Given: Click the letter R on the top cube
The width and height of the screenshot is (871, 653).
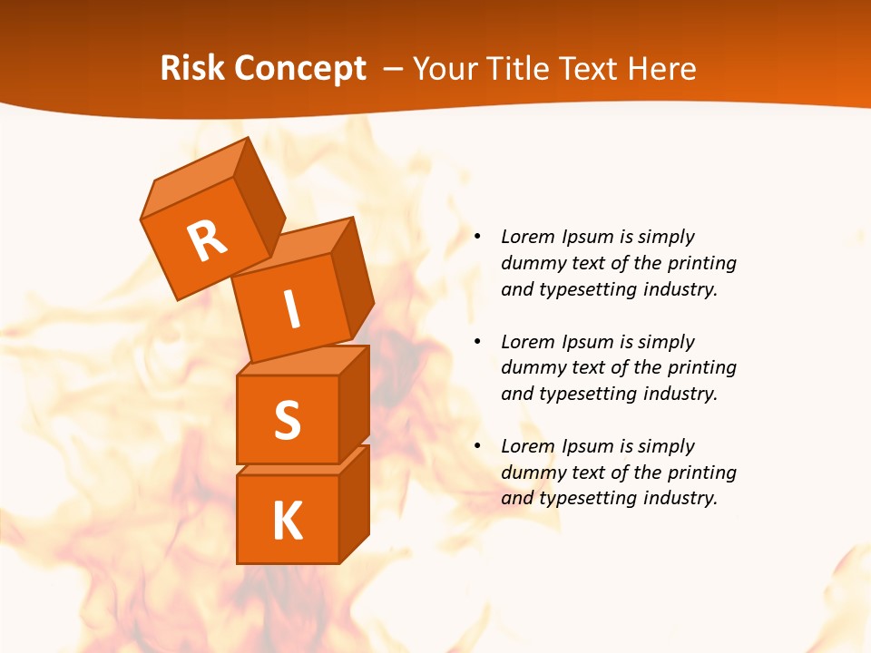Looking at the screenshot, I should coord(207,241).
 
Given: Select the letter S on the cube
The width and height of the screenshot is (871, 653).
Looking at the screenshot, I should coord(287,420).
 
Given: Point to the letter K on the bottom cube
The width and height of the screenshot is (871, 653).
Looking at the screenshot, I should coord(287,521).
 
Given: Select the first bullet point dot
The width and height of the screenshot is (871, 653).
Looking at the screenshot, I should coord(477,238).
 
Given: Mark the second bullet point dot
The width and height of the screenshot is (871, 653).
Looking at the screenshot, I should coord(477,342).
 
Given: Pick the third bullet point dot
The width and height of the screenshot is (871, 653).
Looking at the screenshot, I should coord(477,446).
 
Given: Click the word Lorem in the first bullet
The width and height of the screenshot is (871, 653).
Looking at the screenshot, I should coord(527,237).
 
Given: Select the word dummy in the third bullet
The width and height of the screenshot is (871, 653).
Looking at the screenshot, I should coord(531,472).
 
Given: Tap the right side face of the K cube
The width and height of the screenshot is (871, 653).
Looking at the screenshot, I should coord(354,503).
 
